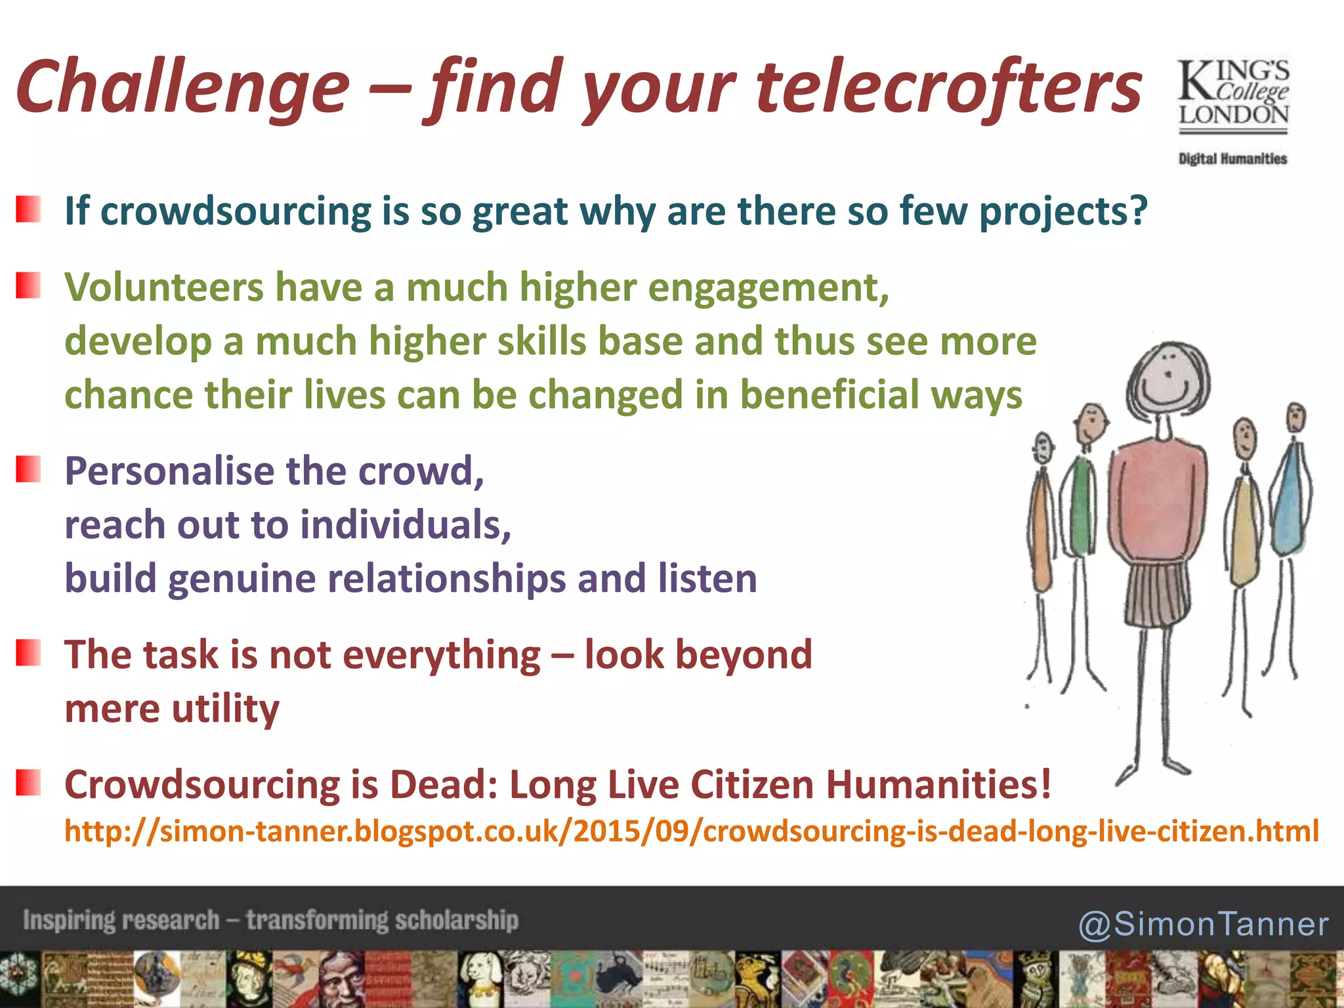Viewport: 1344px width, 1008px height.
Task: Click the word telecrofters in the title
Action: click(x=948, y=89)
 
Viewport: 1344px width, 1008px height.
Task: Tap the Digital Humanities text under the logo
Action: click(x=1232, y=159)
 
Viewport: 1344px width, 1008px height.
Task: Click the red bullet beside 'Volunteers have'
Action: click(x=28, y=285)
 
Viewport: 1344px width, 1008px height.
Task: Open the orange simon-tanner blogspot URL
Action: click(x=691, y=831)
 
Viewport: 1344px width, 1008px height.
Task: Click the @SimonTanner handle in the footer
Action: click(x=1203, y=924)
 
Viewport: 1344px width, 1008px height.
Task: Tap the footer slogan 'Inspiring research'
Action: click(x=121, y=920)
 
